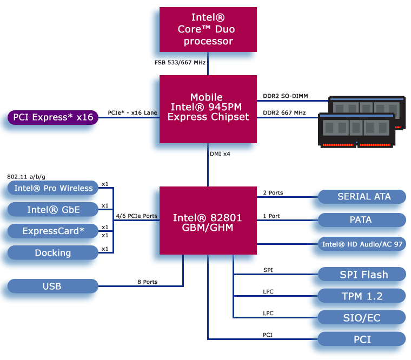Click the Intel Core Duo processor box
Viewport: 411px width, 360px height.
208,30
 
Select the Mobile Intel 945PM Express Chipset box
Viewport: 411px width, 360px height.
208,109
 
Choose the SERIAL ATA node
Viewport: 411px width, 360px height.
361,197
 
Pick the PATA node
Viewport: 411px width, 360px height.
361,220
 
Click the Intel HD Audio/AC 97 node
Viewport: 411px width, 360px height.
361,244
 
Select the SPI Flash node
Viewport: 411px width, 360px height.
361,274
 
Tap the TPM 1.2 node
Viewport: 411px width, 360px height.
361,296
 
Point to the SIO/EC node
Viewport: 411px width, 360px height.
361,317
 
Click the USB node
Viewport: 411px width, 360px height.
52,286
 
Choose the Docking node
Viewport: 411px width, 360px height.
52,252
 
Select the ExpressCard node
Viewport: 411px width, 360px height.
52,231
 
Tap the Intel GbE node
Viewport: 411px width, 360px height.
52,209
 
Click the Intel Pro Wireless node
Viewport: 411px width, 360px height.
52,188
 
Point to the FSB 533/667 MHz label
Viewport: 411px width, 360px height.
180,63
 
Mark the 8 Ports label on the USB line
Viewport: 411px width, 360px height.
147,282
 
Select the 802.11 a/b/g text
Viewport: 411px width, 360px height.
26,177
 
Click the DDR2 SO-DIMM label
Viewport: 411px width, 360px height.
285,96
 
